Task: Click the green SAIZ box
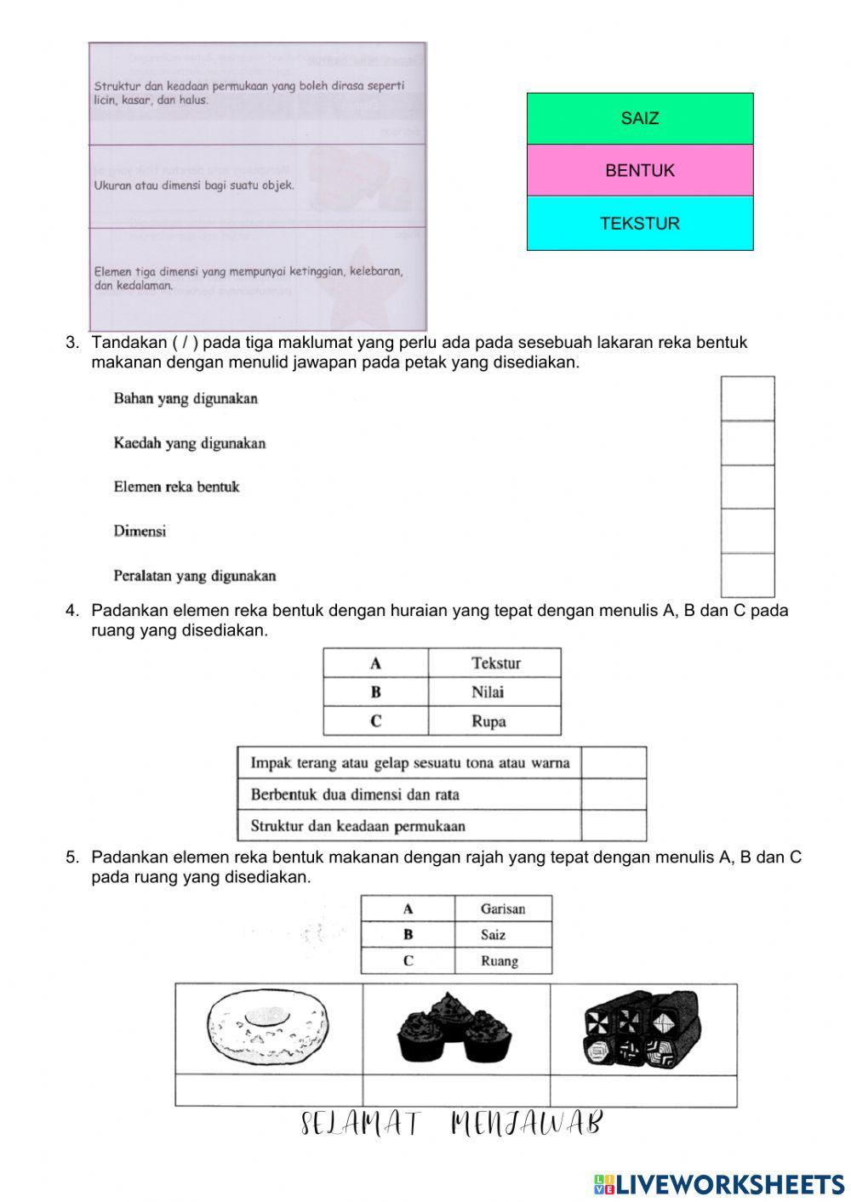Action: (x=640, y=118)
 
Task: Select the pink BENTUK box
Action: (x=640, y=170)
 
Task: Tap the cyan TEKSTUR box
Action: (x=640, y=224)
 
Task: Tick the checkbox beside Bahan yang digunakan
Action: (x=747, y=399)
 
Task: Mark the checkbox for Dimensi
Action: (x=747, y=531)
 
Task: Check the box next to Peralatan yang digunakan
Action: (x=747, y=575)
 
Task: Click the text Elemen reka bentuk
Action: (x=176, y=487)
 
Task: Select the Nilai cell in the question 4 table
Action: (x=494, y=692)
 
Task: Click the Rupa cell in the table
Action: (x=494, y=721)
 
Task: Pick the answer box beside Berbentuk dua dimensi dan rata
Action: (x=614, y=795)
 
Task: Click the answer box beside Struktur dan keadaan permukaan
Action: (x=614, y=825)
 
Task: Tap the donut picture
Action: (x=268, y=1028)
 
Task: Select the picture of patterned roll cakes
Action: (x=643, y=1028)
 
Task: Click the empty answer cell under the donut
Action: (x=268, y=1090)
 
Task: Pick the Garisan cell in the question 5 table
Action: (x=503, y=909)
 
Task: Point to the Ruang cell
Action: (x=503, y=961)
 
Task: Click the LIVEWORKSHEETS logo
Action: (x=719, y=1183)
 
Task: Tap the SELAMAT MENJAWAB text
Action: (x=452, y=1124)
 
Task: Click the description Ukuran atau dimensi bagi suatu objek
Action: (x=194, y=185)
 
